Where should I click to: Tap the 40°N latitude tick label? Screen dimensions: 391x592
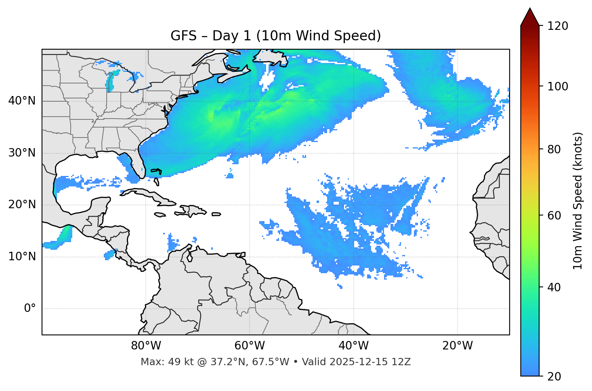click(x=22, y=101)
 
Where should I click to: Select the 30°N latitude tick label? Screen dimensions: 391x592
click(x=22, y=153)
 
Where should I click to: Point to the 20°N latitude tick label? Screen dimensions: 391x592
click(x=22, y=205)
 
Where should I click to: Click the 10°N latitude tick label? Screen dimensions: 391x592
click(x=22, y=257)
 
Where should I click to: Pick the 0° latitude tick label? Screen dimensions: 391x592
click(x=30, y=308)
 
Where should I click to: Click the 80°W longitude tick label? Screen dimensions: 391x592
click(x=146, y=346)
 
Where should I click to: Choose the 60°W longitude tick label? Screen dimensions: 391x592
click(x=250, y=346)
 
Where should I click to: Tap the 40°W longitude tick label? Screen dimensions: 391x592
click(x=354, y=346)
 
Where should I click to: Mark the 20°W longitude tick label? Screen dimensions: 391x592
click(x=458, y=346)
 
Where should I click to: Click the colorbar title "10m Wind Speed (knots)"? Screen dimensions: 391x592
click(x=578, y=201)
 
